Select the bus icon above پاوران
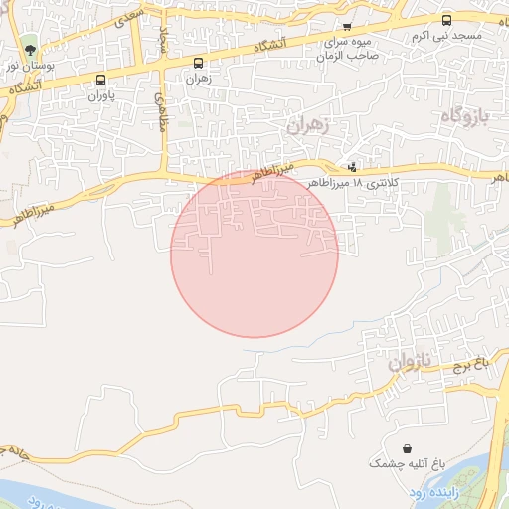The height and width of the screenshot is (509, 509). click(x=100, y=80)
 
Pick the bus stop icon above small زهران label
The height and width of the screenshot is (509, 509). click(x=198, y=63)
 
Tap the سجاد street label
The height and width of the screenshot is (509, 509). click(x=164, y=37)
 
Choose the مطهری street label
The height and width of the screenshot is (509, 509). click(x=158, y=107)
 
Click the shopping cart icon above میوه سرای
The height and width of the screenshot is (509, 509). click(x=346, y=27)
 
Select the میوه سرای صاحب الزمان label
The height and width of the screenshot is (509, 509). click(x=346, y=48)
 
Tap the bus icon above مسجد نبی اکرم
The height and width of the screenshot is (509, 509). click(x=445, y=19)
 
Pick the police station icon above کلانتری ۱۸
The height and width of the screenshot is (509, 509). click(x=352, y=166)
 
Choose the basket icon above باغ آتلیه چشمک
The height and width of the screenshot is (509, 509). click(x=407, y=449)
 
